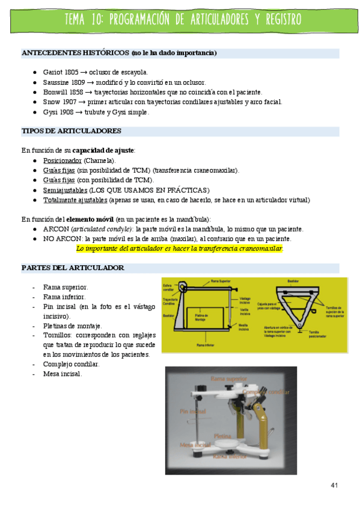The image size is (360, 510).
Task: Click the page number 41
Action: (x=335, y=485)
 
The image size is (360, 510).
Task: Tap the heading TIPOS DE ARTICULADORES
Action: (x=72, y=131)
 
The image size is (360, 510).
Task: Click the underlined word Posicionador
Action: (x=62, y=161)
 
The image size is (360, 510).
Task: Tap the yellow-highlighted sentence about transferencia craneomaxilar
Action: (x=180, y=248)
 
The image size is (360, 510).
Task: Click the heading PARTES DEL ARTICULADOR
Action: (x=73, y=268)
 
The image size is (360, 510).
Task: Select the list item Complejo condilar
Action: (x=72, y=364)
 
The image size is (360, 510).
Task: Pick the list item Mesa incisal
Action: (x=63, y=374)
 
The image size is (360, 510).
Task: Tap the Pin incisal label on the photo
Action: (x=192, y=411)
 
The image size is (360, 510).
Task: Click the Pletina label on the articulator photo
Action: (x=223, y=434)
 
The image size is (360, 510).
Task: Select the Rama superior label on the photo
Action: (x=228, y=378)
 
